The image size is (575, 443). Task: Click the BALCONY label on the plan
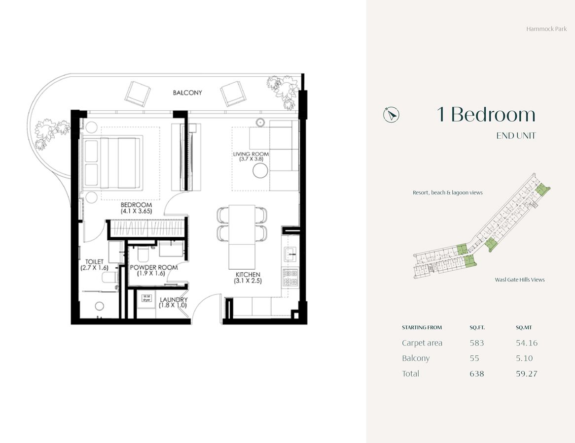[x=187, y=93]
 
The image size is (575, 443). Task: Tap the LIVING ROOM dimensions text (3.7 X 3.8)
[x=251, y=159]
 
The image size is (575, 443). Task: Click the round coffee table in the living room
[x=260, y=171]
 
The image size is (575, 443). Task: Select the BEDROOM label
[x=136, y=205]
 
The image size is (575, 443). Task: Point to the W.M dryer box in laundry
[x=146, y=298]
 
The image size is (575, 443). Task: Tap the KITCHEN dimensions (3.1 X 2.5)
[x=248, y=281]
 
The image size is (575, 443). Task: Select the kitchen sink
[x=289, y=254]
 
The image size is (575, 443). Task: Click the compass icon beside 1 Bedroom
[x=391, y=115]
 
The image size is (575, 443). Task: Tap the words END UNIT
[x=515, y=136]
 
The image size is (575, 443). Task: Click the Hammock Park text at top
[x=546, y=29]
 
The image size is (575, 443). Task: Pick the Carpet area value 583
[x=477, y=343]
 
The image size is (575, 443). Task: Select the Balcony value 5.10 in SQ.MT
[x=524, y=358]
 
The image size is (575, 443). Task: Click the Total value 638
[x=477, y=374]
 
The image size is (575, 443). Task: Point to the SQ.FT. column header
[x=477, y=328]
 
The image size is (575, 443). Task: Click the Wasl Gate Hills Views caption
[x=520, y=280]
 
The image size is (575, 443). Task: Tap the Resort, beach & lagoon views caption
[x=447, y=193]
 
